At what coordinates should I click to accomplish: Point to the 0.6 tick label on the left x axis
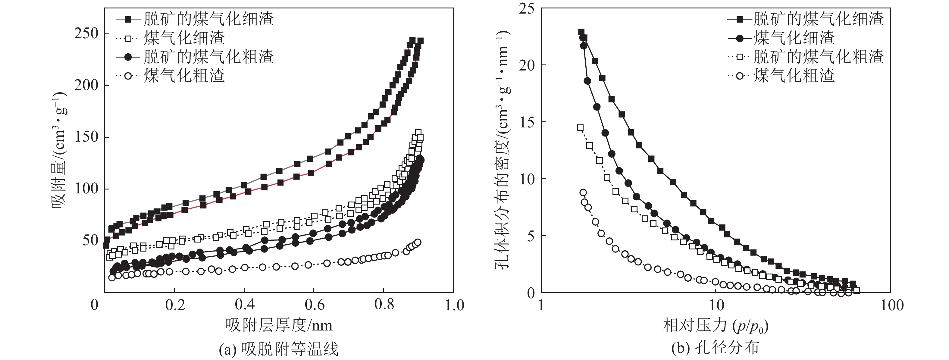pos(315,305)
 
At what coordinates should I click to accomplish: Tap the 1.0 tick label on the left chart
pos(454,305)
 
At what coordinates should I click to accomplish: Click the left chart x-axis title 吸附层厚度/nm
pos(279,325)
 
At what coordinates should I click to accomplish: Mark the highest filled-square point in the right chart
pos(581,32)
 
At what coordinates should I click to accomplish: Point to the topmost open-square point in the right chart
pos(580,128)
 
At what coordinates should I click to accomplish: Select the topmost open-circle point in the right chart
pos(583,192)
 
